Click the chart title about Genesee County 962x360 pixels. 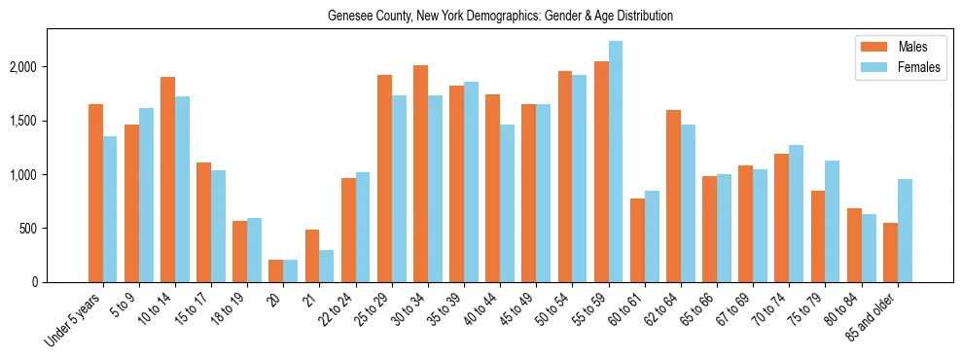500,17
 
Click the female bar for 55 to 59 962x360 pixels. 615,162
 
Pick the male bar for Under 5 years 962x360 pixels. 95,193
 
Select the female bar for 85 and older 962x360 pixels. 905,231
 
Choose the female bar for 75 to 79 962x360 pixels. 833,221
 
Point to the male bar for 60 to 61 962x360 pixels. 637,240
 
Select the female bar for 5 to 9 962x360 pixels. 146,195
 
